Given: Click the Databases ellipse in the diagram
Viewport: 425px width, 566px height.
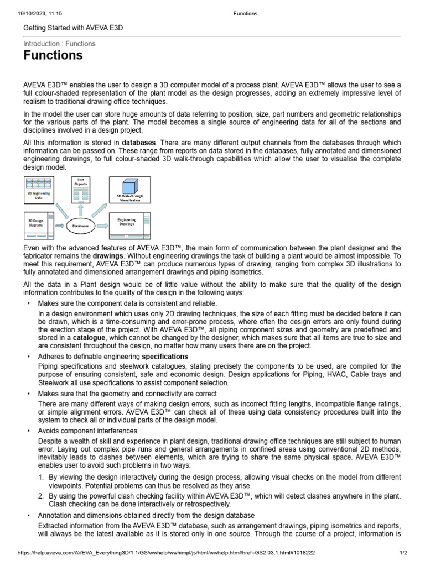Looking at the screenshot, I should [x=81, y=226].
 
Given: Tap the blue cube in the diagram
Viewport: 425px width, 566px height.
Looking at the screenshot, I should [x=129, y=187].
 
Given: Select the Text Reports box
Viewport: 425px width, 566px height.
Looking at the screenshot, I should [x=81, y=188].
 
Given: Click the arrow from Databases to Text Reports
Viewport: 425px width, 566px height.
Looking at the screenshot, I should [x=81, y=210].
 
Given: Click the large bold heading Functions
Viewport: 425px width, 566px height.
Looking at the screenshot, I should [x=53, y=55].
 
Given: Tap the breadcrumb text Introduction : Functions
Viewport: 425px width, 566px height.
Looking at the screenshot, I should [x=59, y=44].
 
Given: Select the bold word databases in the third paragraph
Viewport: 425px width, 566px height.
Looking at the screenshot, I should [x=139, y=142].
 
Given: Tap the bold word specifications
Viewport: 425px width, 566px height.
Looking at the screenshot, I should [x=165, y=356].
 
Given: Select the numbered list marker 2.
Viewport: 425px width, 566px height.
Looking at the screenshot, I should [x=41, y=496].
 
